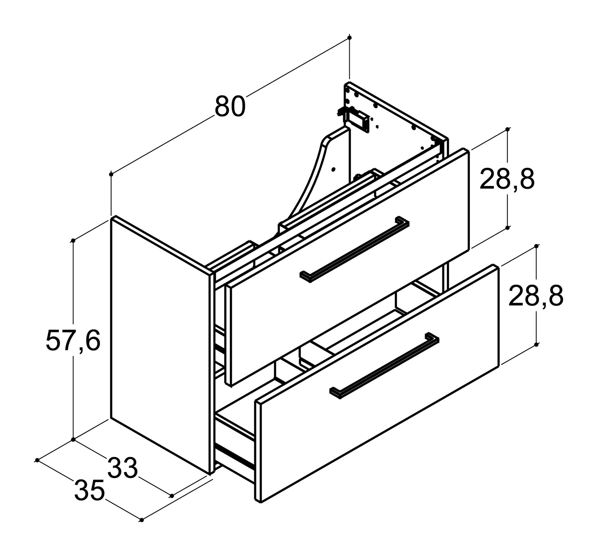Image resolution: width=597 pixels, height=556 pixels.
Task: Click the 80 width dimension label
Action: tap(230, 106)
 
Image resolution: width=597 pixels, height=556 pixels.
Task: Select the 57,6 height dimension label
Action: tap(73, 340)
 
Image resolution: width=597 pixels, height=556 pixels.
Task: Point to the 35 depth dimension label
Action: tap(89, 490)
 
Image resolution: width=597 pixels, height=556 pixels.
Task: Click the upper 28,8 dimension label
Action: tap(507, 179)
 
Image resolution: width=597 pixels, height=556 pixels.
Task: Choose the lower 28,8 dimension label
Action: tap(536, 296)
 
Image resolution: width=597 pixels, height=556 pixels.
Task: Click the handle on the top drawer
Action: tap(354, 249)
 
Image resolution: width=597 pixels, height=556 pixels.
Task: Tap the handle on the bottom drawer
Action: tap(384, 365)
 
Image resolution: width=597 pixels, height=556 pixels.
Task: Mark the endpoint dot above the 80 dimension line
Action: tap(350, 37)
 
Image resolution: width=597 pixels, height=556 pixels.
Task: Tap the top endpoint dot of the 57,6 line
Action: tap(73, 241)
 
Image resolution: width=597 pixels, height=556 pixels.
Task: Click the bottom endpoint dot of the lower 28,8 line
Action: tap(536, 344)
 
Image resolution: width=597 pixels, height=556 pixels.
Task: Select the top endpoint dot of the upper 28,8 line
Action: tap(508, 129)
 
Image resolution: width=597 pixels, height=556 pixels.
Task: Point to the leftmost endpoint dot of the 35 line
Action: tap(37, 460)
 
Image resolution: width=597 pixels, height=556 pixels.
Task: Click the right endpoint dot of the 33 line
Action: tap(172, 496)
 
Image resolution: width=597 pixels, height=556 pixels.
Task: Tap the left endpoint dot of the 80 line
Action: tap(111, 175)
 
